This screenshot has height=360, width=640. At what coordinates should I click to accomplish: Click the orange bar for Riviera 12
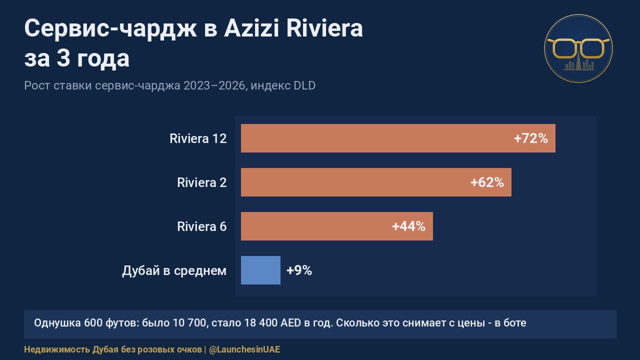point(398,138)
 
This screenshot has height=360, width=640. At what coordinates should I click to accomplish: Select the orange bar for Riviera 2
point(376,182)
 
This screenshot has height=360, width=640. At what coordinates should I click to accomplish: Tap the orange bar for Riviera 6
point(337,226)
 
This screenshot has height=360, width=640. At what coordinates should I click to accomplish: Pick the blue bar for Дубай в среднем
point(260,270)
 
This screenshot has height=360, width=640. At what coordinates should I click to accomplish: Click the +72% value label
point(531,138)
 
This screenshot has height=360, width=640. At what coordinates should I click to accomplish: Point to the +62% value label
point(487,182)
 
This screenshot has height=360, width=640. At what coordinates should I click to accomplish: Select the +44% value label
point(408,226)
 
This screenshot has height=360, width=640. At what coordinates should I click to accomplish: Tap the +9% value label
point(299,270)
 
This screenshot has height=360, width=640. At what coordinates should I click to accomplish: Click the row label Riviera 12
point(198,138)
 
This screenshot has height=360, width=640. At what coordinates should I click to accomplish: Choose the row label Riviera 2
point(201,182)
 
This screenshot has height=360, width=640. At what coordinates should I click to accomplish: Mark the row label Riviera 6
point(201,226)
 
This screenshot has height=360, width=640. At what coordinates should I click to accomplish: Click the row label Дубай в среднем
point(174,270)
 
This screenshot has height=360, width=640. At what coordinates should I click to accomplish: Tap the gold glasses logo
point(578,48)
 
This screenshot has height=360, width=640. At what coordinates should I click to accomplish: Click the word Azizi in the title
point(251,28)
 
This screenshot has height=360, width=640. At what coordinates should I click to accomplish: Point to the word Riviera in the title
point(324,28)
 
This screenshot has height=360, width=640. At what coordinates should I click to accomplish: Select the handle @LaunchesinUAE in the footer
point(244,349)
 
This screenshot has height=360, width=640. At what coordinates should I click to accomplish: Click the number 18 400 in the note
point(260,323)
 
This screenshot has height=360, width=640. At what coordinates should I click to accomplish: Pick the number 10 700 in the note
point(189,323)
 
